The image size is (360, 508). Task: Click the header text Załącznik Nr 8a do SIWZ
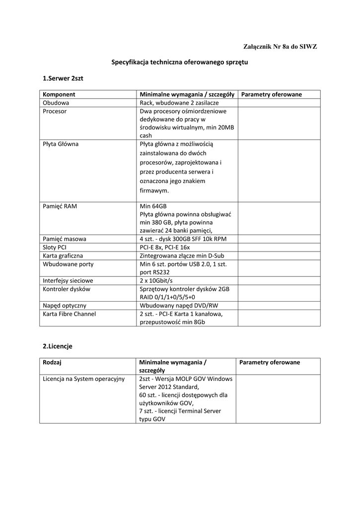click(x=280, y=47)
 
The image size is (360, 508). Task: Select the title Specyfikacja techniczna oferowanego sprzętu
click(x=179, y=63)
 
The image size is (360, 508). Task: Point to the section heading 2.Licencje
click(x=58, y=346)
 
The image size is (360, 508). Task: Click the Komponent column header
click(x=59, y=94)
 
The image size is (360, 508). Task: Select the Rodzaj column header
click(x=52, y=363)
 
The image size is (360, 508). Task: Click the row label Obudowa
click(x=56, y=103)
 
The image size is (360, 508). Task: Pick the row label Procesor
click(x=55, y=111)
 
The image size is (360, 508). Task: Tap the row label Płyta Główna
click(x=61, y=144)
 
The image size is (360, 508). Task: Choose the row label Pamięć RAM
click(x=60, y=206)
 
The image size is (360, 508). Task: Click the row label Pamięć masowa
click(x=65, y=239)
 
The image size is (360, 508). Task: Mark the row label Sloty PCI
click(x=55, y=247)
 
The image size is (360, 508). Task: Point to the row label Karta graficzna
click(x=63, y=255)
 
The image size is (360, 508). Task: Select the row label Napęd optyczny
click(x=65, y=305)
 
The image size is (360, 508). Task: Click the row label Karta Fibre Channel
click(x=70, y=314)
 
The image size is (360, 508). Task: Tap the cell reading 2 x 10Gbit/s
click(x=159, y=280)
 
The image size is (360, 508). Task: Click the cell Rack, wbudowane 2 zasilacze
click(x=179, y=103)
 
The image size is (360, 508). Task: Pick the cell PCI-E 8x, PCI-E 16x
click(x=165, y=247)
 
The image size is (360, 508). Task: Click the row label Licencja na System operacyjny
click(x=83, y=379)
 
